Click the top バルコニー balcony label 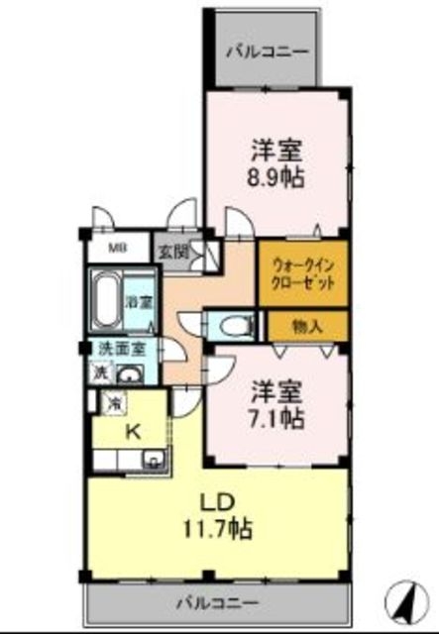click(267, 51)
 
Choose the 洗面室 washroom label click(120, 349)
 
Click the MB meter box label click(117, 248)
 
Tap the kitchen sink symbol click(153, 459)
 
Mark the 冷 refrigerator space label click(115, 403)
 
